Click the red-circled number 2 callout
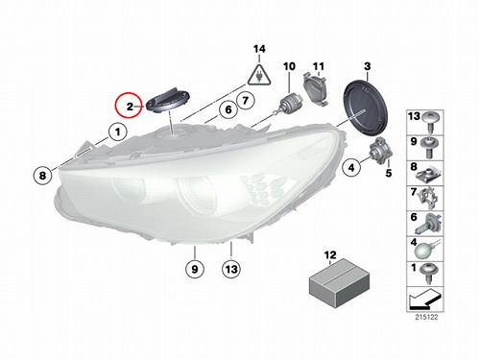pos(129,106)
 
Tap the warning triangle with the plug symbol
pos(259,76)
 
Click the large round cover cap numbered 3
pos(366,106)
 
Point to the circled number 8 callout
pos(42,175)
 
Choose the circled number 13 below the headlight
pos(231,269)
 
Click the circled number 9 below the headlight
pos(195,269)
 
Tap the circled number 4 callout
pos(351,167)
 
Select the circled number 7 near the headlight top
pos(245,101)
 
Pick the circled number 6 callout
pos(228,109)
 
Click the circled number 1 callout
pos(118,132)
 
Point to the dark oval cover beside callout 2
pos(168,100)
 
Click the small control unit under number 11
pos(316,89)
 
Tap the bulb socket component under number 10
pos(290,103)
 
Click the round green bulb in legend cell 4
pos(427,250)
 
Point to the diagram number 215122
pos(426,317)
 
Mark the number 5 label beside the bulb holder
pos(389,173)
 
